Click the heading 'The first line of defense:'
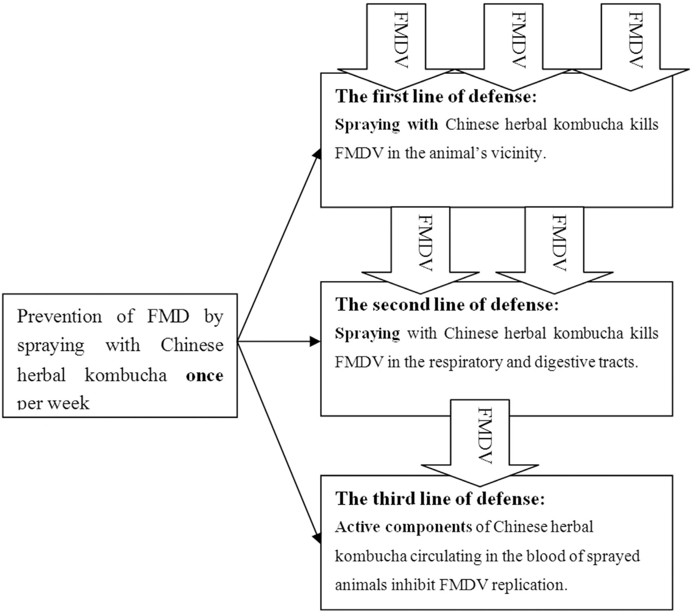pyautogui.click(x=436, y=97)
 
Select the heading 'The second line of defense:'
pyautogui.click(x=447, y=305)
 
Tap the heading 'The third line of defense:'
pyautogui.click(x=440, y=499)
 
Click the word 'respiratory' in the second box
pyautogui.click(x=465, y=362)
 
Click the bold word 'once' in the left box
pyautogui.click(x=204, y=375)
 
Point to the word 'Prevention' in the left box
pyautogui.click(x=59, y=317)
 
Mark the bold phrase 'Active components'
pyautogui.click(x=403, y=527)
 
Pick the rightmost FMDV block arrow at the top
pyautogui.click(x=630, y=44)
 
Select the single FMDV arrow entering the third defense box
pyautogui.click(x=480, y=440)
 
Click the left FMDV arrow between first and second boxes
pyautogui.click(x=421, y=247)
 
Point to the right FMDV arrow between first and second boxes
pyautogui.click(x=554, y=247)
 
